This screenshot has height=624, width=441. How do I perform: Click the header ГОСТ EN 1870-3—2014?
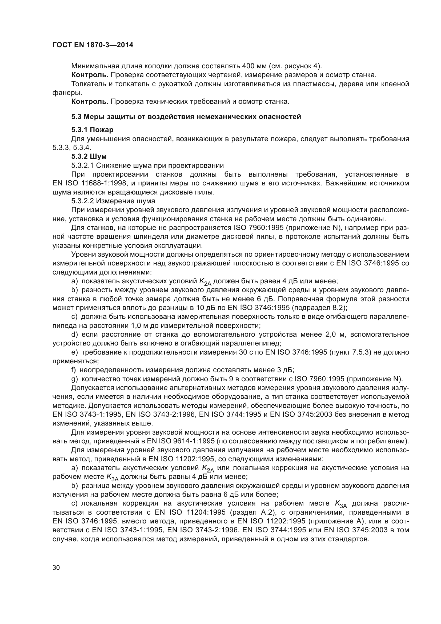pos(93,45)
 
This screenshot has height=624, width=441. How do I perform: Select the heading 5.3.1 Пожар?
pos(92,130)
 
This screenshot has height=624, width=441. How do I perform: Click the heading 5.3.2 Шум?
pos(89,156)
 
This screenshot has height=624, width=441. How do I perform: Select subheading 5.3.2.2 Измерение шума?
pos(113,201)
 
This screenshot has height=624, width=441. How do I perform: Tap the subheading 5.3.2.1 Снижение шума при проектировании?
pos(147,165)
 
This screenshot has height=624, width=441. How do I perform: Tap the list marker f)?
pos(74,370)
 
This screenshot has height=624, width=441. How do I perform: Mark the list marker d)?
pos(74,334)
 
